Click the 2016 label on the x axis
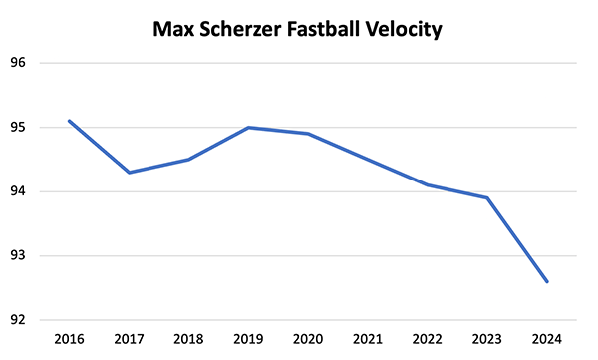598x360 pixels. [x=69, y=340]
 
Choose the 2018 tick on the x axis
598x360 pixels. [x=188, y=340]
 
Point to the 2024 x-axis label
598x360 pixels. [x=547, y=340]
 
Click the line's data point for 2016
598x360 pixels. [x=69, y=121]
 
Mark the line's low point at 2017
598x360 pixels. [x=129, y=173]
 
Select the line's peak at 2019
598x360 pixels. [x=248, y=128]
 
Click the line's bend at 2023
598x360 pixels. [x=487, y=197]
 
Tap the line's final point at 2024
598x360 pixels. [x=547, y=281]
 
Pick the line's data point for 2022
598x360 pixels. [x=428, y=185]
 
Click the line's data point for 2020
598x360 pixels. [x=308, y=134]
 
